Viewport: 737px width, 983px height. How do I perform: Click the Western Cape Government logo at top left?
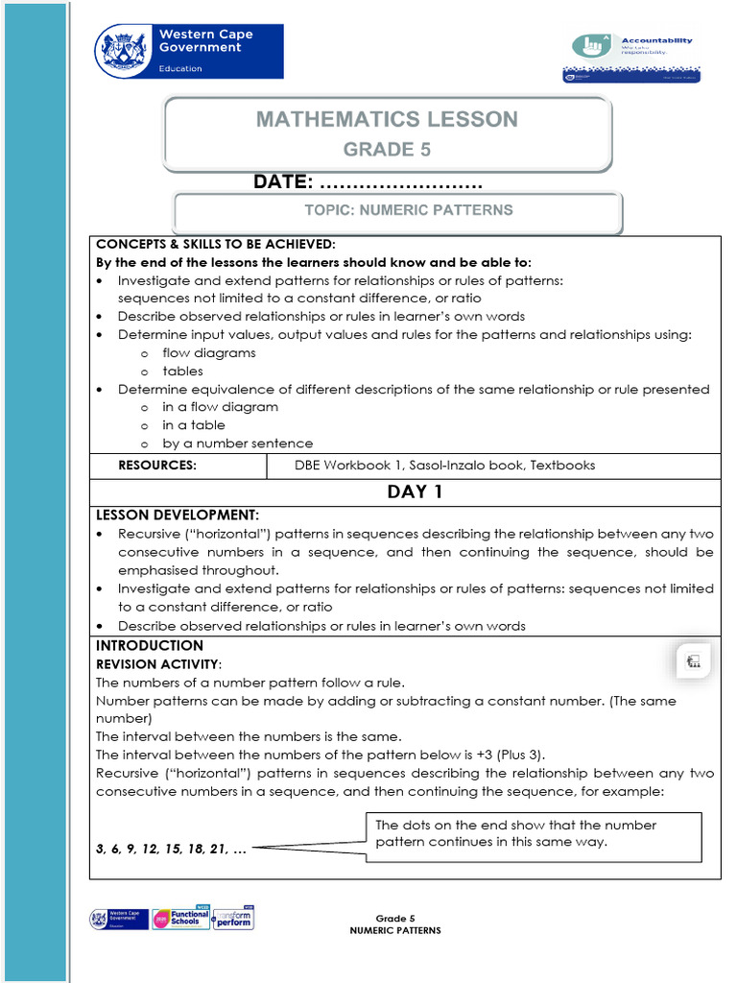188,51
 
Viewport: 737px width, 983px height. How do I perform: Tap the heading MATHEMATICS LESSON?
387,120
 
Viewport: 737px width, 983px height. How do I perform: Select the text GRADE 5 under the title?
387,150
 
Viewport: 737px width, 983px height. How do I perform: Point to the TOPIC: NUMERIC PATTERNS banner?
409,210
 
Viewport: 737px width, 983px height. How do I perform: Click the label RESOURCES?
157,466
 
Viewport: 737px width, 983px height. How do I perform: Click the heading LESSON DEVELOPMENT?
178,515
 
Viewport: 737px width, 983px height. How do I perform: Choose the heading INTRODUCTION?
150,646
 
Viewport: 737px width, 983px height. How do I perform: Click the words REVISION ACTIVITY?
158,664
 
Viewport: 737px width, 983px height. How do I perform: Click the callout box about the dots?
535,834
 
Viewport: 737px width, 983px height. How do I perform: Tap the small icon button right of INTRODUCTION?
693,660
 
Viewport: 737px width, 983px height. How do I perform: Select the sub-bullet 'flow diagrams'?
208,352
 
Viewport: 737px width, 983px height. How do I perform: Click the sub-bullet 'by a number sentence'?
237,444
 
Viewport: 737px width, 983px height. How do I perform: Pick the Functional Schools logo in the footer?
180,919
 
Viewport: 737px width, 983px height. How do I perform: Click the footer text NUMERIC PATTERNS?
394,930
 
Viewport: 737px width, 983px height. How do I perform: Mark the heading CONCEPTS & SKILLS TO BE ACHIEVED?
216,244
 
